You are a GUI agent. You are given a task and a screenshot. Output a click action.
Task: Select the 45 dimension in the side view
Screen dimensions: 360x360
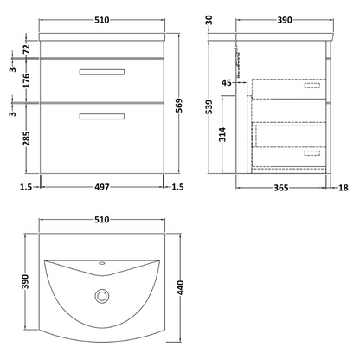tap(226, 83)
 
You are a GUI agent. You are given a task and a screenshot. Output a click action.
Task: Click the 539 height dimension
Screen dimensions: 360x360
tap(208, 103)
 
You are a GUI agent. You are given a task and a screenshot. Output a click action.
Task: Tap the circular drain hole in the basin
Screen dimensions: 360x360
tap(102, 296)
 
